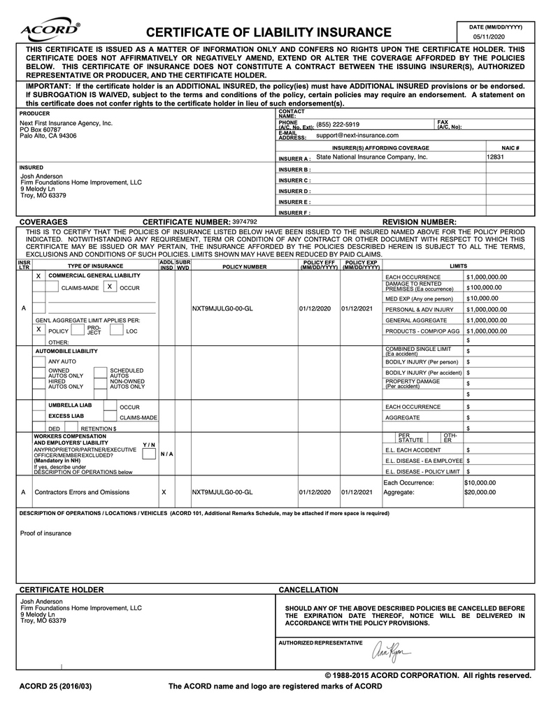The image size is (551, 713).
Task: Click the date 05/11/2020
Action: coord(487,36)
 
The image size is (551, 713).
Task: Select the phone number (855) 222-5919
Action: coord(338,124)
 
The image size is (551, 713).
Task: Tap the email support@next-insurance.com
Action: coord(357,136)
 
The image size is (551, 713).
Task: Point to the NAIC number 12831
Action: coord(495,157)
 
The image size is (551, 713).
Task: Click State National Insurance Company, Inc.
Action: coord(371,157)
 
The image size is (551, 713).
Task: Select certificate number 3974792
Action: coord(245,222)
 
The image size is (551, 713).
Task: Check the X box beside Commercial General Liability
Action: coord(38,276)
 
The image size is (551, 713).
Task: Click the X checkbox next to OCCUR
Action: coord(110,287)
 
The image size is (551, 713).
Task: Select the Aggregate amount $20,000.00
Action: coord(480,492)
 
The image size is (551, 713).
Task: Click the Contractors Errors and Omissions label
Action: coord(82,492)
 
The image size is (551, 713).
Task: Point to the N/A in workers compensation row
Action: coord(166,454)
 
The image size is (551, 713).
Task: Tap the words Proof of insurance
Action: coord(45,533)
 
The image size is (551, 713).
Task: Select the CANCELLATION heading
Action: coord(308,590)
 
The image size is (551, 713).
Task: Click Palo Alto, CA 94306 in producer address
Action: coord(48,136)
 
